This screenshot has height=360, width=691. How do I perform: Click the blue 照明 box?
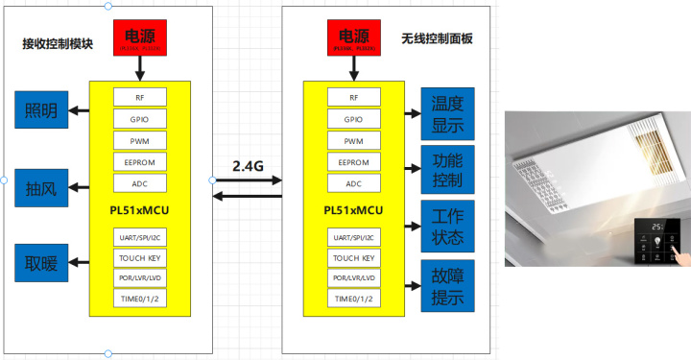[41, 110]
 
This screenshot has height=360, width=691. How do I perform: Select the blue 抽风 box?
[41, 187]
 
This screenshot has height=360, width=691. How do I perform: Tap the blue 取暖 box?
[41, 263]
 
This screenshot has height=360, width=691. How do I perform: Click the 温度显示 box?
[448, 113]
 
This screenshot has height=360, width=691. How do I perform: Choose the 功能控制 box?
[448, 170]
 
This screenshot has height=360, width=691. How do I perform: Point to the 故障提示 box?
[448, 286]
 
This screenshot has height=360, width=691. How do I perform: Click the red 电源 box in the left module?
[139, 36]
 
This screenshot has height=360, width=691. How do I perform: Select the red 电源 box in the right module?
[354, 37]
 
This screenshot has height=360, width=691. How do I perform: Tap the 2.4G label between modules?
[248, 166]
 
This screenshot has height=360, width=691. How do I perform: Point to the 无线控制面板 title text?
[437, 39]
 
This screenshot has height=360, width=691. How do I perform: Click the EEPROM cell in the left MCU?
[139, 162]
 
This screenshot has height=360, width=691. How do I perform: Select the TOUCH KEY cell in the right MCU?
[354, 257]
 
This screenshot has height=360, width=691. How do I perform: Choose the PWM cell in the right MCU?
[354, 140]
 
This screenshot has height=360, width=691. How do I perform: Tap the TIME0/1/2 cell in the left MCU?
[139, 299]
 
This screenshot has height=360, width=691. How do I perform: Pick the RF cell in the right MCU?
[354, 97]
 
